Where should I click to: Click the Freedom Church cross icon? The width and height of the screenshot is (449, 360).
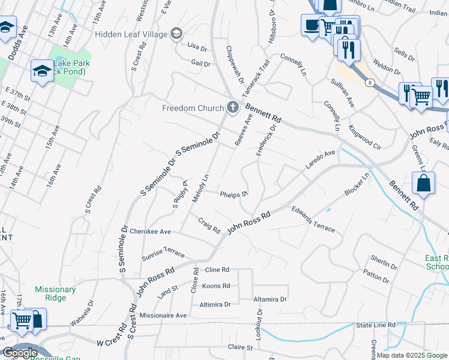233,108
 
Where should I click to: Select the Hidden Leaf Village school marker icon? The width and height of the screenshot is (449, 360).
176,33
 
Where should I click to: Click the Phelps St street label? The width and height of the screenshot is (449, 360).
234,194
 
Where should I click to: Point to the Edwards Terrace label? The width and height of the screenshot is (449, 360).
313,219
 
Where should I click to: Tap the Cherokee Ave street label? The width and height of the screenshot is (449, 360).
151,232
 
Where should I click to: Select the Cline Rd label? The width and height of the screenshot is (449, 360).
217,270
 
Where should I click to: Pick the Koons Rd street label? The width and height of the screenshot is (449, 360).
216,286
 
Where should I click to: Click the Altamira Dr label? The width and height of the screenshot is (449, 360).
270,299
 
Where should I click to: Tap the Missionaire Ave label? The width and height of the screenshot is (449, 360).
163,315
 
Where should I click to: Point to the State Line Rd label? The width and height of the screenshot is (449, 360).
376,325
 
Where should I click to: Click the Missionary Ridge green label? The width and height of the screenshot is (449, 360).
55,293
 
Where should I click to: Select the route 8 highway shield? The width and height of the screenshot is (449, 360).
370,82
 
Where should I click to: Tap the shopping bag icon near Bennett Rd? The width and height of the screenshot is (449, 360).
424,184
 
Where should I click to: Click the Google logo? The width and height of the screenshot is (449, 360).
20,353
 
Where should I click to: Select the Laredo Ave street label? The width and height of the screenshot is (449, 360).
321,159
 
